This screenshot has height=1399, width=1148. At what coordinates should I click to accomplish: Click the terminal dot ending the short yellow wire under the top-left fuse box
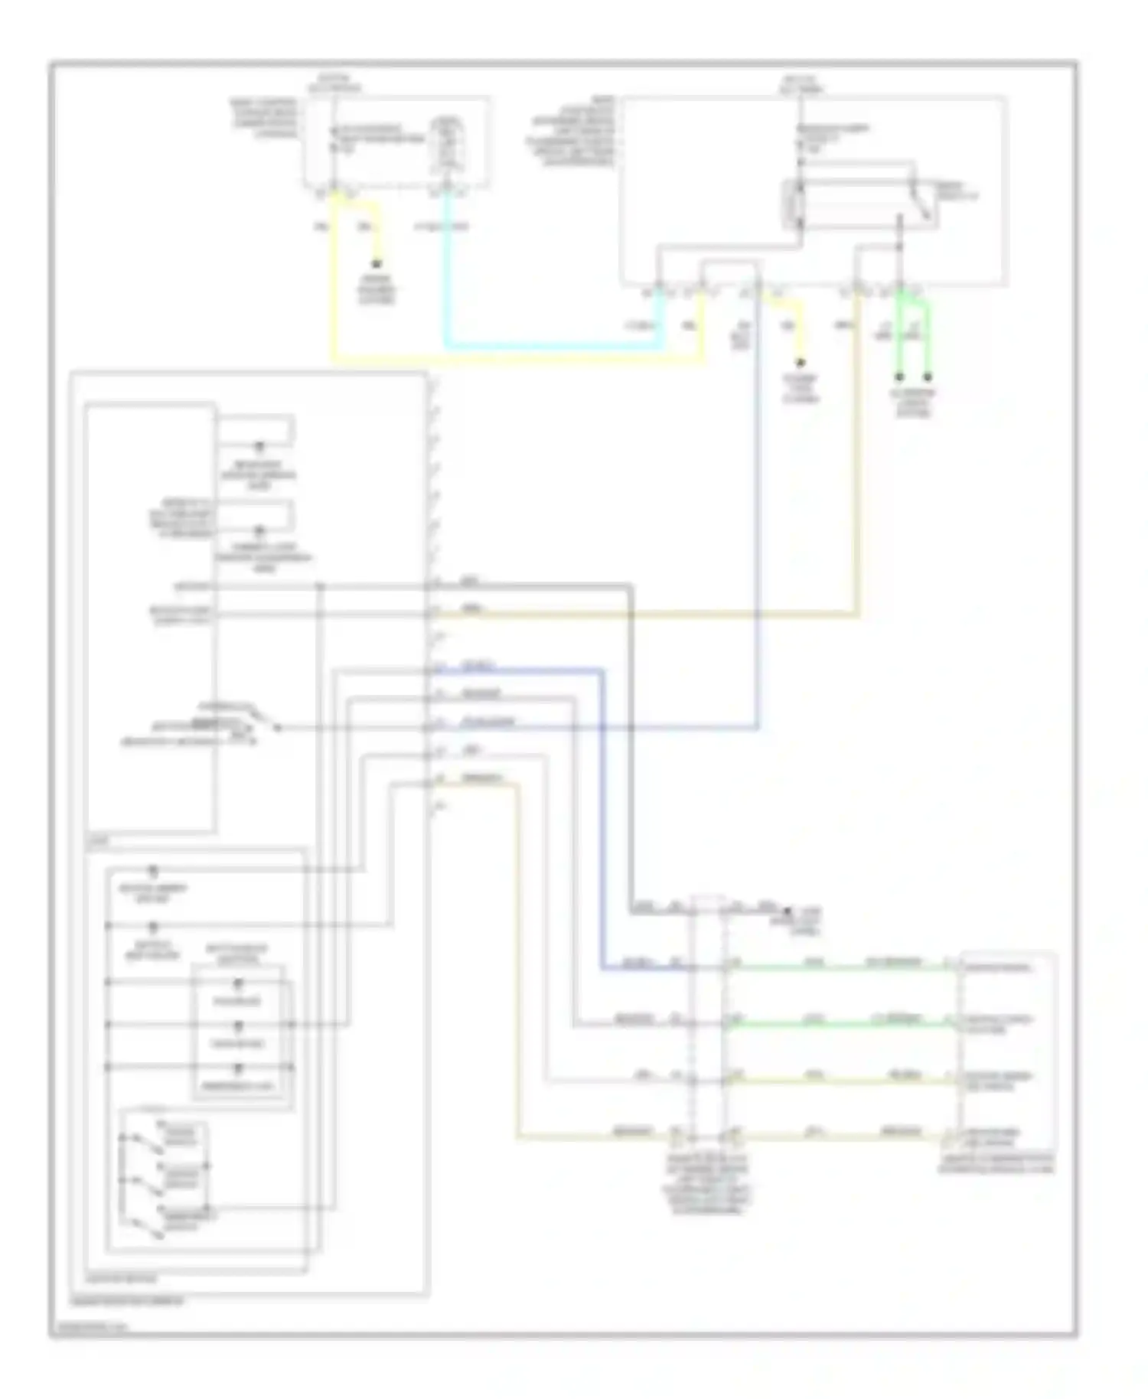(377, 261)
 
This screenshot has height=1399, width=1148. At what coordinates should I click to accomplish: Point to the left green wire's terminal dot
(899, 377)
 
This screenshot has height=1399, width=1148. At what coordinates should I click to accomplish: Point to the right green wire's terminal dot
(928, 377)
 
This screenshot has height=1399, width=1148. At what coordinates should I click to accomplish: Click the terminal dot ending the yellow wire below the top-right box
(801, 362)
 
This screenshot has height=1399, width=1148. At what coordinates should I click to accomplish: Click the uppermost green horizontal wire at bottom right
(842, 968)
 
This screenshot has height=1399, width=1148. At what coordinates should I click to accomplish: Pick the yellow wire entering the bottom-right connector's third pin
(842, 1081)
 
